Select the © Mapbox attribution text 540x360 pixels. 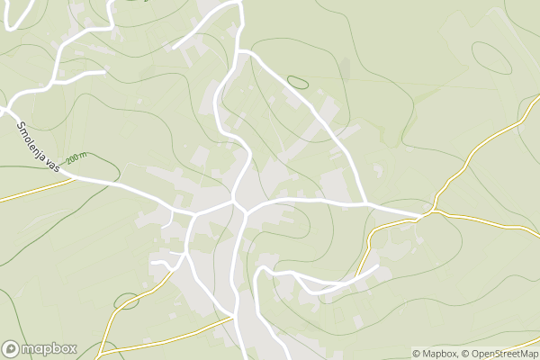[435, 354]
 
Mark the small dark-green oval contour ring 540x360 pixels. [297, 82]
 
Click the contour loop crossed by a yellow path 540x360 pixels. [127, 301]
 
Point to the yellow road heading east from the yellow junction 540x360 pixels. [486, 219]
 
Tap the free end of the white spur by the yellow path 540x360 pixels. [375, 267]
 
